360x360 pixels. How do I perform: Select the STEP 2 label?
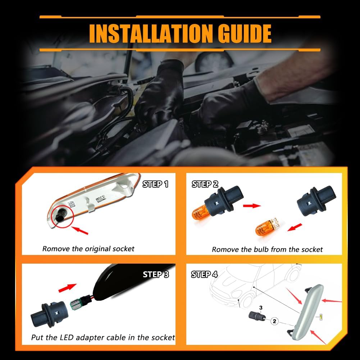(205, 184)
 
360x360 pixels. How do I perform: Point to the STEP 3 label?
(155, 274)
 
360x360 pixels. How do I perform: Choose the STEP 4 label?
(204, 274)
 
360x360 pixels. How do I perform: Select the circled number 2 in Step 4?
(274, 321)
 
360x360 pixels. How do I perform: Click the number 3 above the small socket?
(261, 308)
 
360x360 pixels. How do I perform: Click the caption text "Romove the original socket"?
(88, 249)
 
